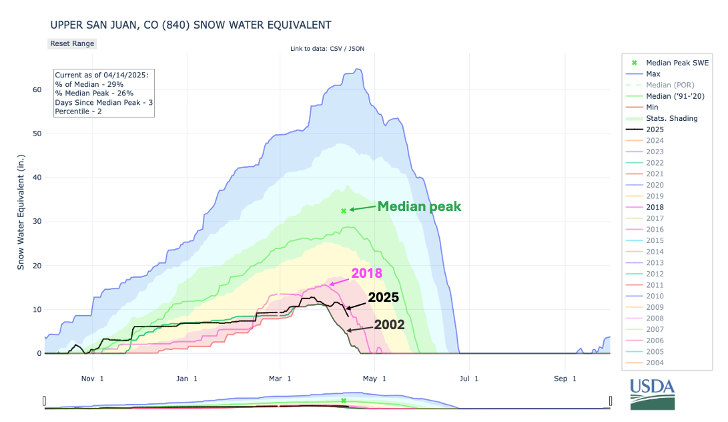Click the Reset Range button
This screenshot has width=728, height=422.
(73, 43)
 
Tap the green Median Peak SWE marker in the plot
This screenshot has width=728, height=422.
(344, 211)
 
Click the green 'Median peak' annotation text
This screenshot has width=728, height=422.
(419, 206)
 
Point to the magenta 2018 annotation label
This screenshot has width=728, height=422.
(366, 272)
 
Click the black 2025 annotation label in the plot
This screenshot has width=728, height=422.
(383, 298)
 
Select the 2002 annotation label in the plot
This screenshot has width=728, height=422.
(388, 325)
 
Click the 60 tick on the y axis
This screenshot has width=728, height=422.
(37, 89)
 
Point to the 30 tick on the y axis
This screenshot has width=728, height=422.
(37, 222)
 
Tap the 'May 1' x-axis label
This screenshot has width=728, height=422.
(375, 379)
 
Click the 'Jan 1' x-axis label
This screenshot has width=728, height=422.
(186, 379)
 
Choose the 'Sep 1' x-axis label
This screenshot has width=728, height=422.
(565, 379)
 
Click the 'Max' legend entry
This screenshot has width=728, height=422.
(653, 74)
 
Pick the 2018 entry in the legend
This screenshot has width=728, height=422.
(655, 208)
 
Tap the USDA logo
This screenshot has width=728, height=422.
(652, 393)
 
